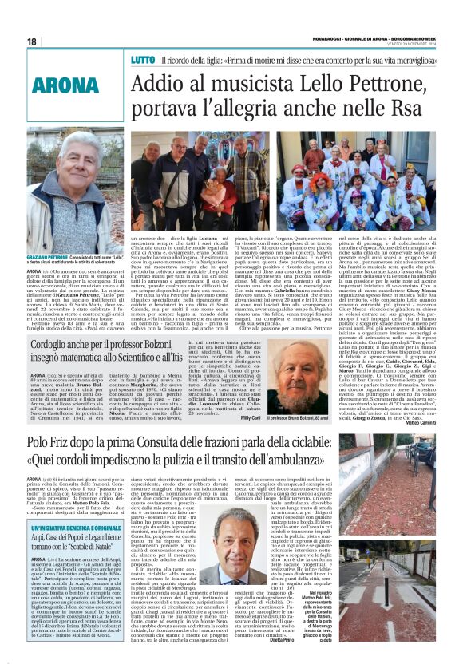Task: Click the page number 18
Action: click(32, 42)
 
